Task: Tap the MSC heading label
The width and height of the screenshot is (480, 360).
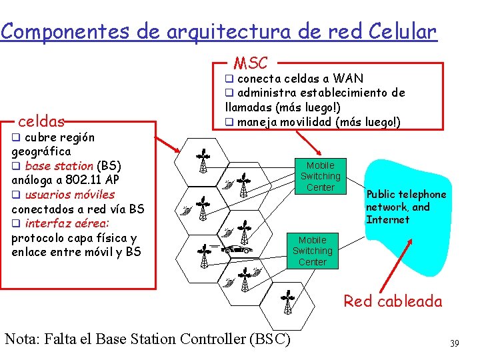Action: click(250, 63)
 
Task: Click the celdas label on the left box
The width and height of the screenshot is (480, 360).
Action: click(41, 121)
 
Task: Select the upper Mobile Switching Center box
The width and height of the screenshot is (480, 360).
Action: click(320, 176)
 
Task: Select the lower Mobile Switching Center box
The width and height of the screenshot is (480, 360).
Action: click(312, 251)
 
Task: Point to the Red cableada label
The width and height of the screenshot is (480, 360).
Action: click(393, 301)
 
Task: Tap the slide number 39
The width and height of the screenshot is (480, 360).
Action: click(455, 343)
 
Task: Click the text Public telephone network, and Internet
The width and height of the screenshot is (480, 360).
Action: click(405, 207)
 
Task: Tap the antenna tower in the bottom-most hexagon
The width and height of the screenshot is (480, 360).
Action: click(287, 303)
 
